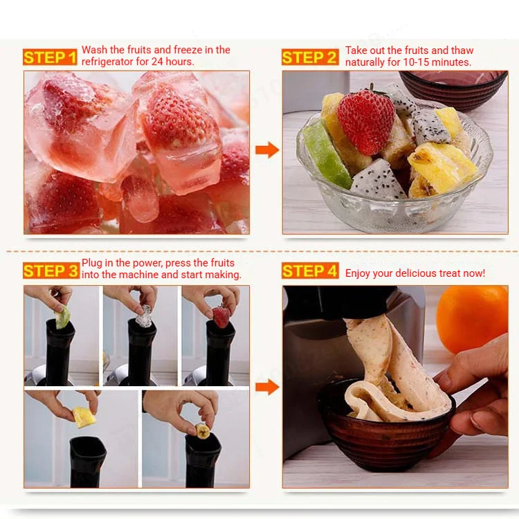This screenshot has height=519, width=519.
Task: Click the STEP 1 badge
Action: click(x=50, y=57)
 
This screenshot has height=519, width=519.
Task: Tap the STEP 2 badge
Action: click(x=310, y=57)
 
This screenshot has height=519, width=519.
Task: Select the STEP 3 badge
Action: click(x=51, y=271)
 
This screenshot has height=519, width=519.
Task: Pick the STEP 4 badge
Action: click(x=310, y=271)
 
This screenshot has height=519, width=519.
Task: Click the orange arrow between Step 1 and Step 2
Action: click(x=267, y=149)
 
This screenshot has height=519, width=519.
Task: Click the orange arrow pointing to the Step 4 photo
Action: click(x=267, y=387)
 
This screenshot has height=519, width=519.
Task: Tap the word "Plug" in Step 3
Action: click(x=91, y=263)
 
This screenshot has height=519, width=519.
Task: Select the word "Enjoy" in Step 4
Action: click(x=357, y=274)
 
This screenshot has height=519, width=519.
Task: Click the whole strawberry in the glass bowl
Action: click(x=366, y=121)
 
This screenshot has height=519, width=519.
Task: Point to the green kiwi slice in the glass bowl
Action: click(x=325, y=155)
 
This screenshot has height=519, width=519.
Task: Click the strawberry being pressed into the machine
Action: click(x=221, y=317)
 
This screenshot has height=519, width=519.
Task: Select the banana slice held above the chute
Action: click(x=202, y=430)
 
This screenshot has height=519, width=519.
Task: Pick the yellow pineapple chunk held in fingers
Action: click(x=84, y=417)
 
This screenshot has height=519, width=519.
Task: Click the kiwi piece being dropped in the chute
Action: click(x=63, y=317)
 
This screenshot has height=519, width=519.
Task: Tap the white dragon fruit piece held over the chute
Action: click(x=144, y=316)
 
